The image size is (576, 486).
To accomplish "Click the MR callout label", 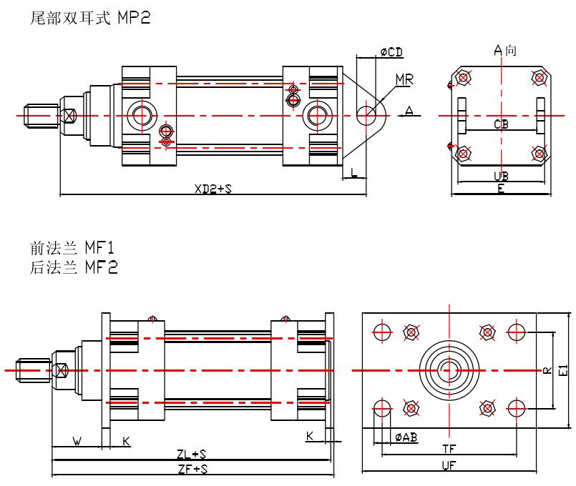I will (x=404, y=79).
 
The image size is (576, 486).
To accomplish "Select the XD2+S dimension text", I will (x=213, y=189).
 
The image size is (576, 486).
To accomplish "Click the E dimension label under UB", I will (x=501, y=189).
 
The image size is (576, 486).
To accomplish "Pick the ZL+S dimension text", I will (x=192, y=455).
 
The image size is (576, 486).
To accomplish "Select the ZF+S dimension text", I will (x=192, y=469).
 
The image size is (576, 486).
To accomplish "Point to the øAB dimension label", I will (x=406, y=437).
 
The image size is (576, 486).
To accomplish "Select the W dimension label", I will (x=77, y=441).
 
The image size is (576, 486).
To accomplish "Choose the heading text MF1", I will (x=100, y=248).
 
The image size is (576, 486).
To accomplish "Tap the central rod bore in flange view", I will (x=449, y=370).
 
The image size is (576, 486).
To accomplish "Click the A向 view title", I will (x=505, y=50).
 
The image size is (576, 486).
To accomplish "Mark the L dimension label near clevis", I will (x=354, y=170).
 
